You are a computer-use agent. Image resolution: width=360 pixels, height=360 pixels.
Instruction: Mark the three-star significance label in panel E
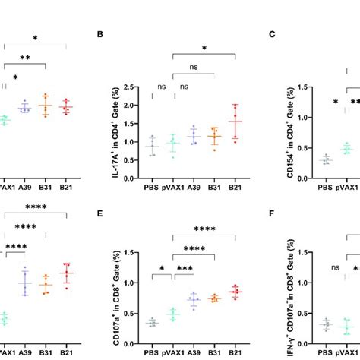tap(184, 268)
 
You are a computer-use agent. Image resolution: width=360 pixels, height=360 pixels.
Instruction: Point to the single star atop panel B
tap(204, 49)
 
